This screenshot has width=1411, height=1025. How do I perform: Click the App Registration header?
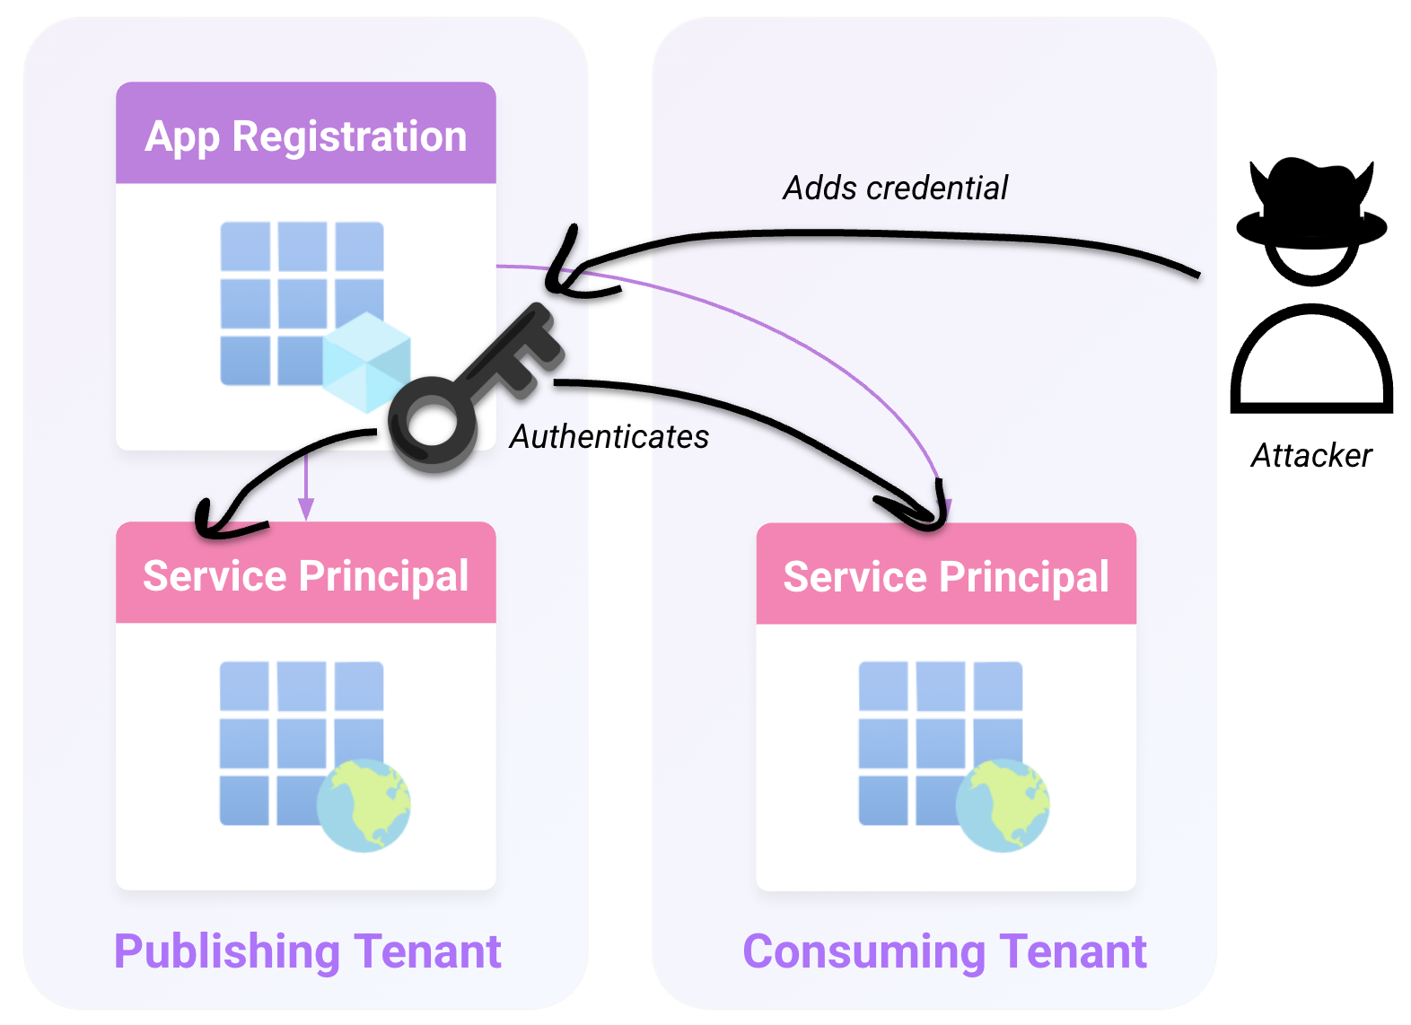coord(306,133)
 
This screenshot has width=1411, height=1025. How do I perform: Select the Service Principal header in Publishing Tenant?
coord(306,573)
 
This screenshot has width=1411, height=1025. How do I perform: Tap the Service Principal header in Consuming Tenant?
coord(946,574)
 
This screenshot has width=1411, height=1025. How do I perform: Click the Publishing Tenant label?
coord(307,952)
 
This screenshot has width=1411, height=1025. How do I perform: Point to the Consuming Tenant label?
coord(944,952)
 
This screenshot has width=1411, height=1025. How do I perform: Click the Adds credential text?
coord(895,188)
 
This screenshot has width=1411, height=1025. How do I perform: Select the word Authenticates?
coord(609,436)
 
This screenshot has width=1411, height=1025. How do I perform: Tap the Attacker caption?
coord(1311,455)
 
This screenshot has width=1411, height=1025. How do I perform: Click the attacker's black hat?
coord(1311,202)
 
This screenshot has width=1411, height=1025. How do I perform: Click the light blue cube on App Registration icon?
coord(366,363)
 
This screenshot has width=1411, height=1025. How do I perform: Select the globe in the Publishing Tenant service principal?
coord(364,806)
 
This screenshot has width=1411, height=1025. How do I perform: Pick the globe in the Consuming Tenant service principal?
coord(1003,806)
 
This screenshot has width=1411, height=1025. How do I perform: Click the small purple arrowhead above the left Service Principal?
coord(306,508)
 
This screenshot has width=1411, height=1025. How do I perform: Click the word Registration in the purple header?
coord(349,136)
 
